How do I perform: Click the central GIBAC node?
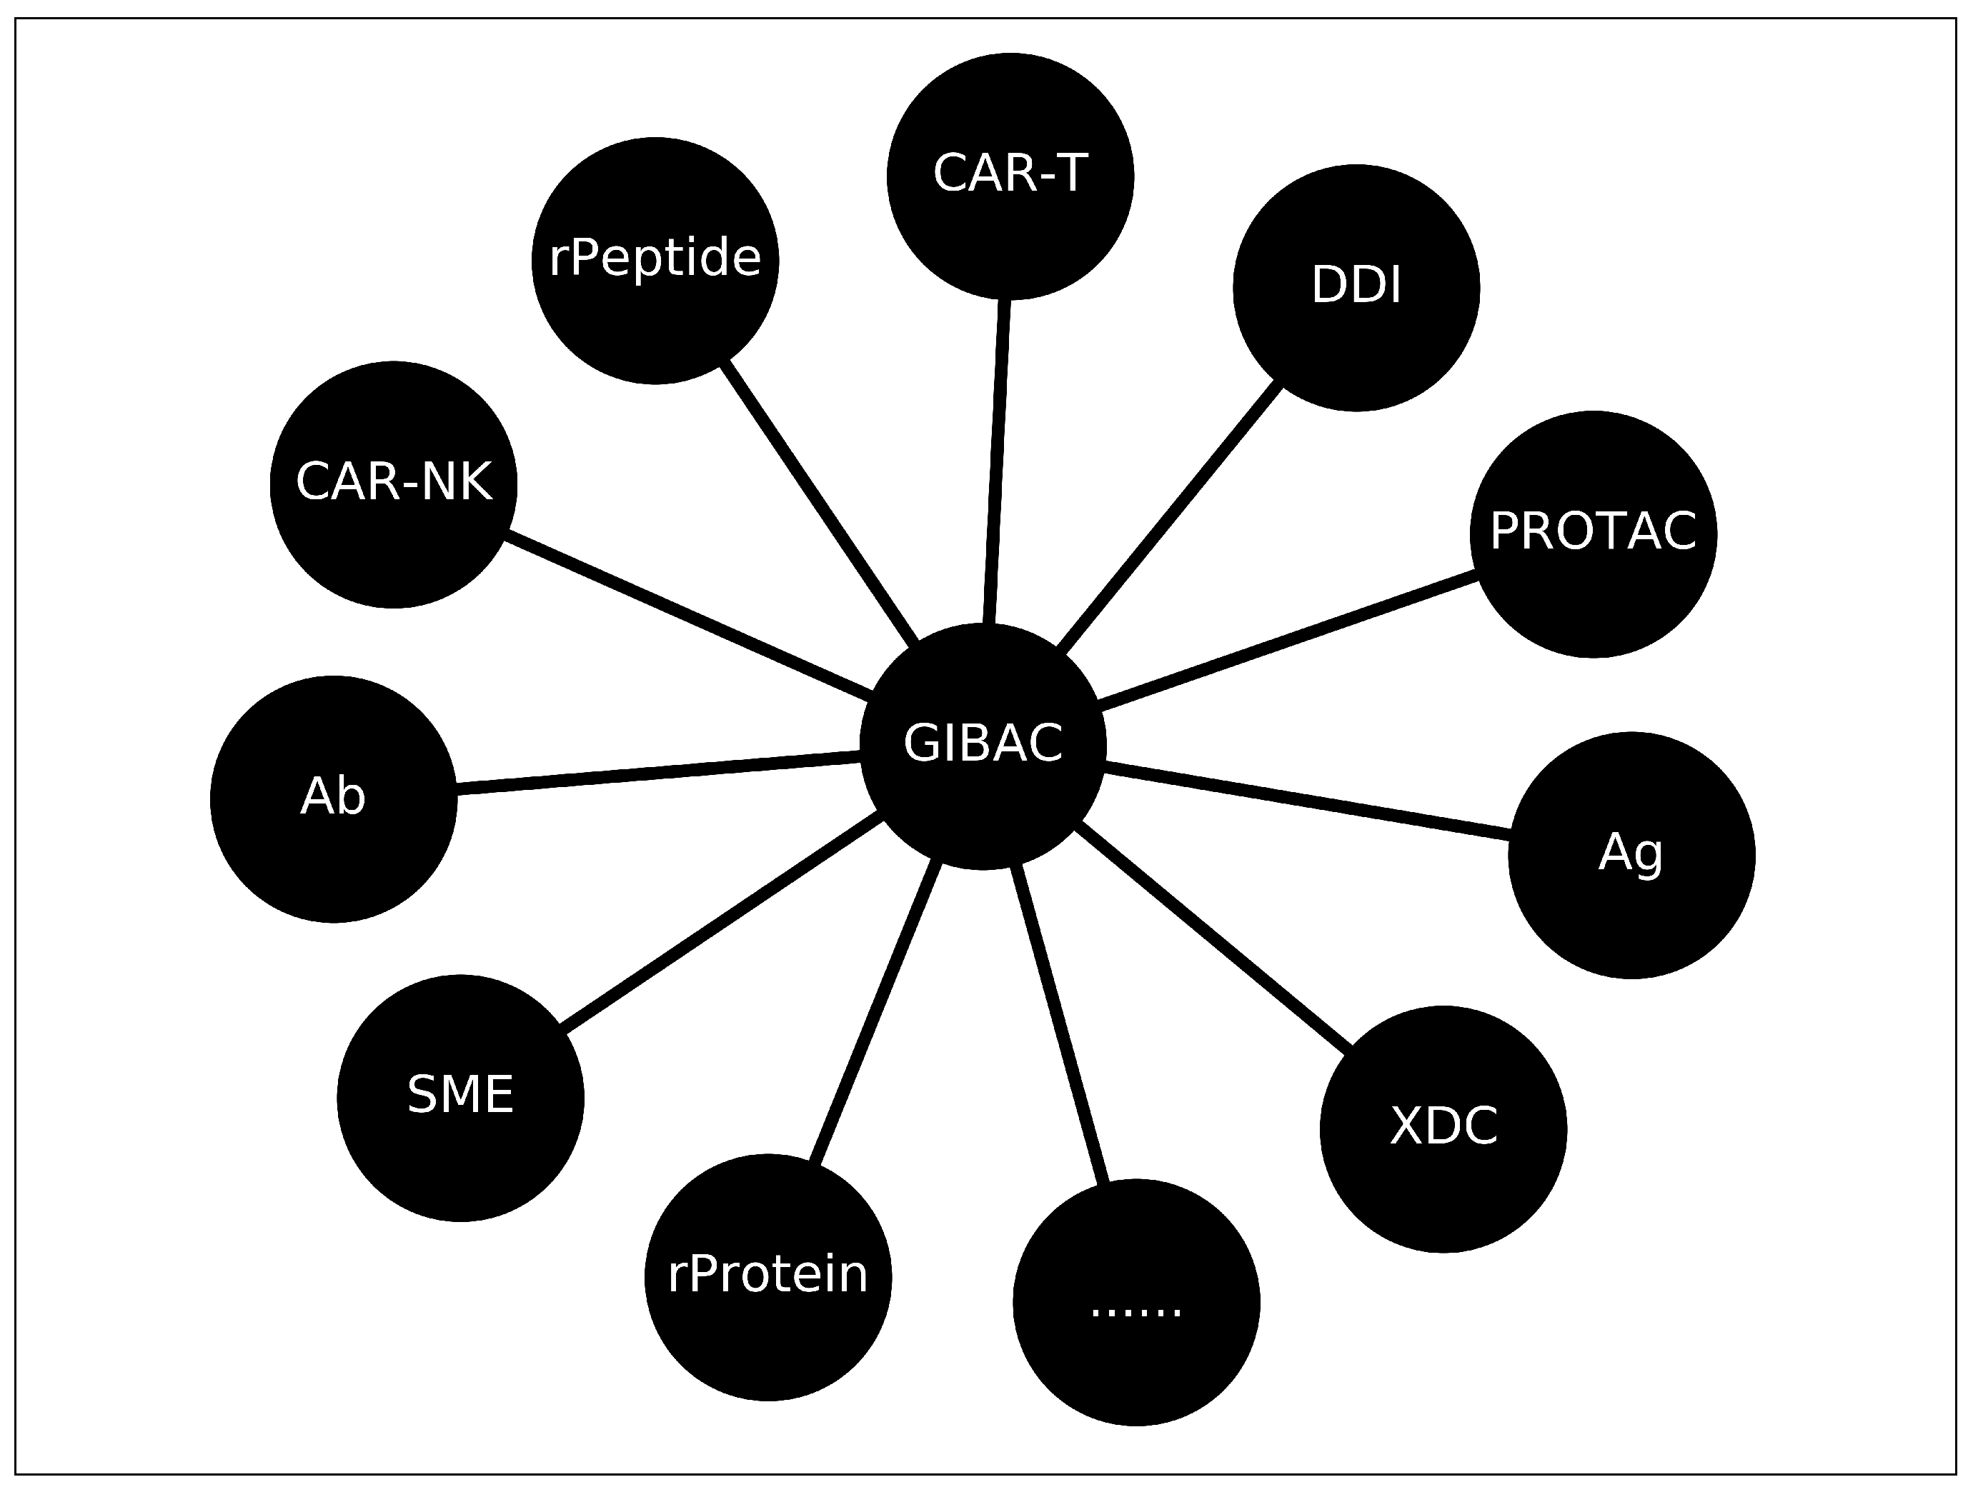coord(983,744)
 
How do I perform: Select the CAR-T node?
coord(1010,176)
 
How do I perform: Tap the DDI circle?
coord(1356,287)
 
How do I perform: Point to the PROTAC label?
coord(1593,531)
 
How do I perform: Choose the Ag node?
coord(1631,855)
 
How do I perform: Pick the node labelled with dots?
coord(1136,1303)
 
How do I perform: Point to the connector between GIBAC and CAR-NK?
coord(689,614)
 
